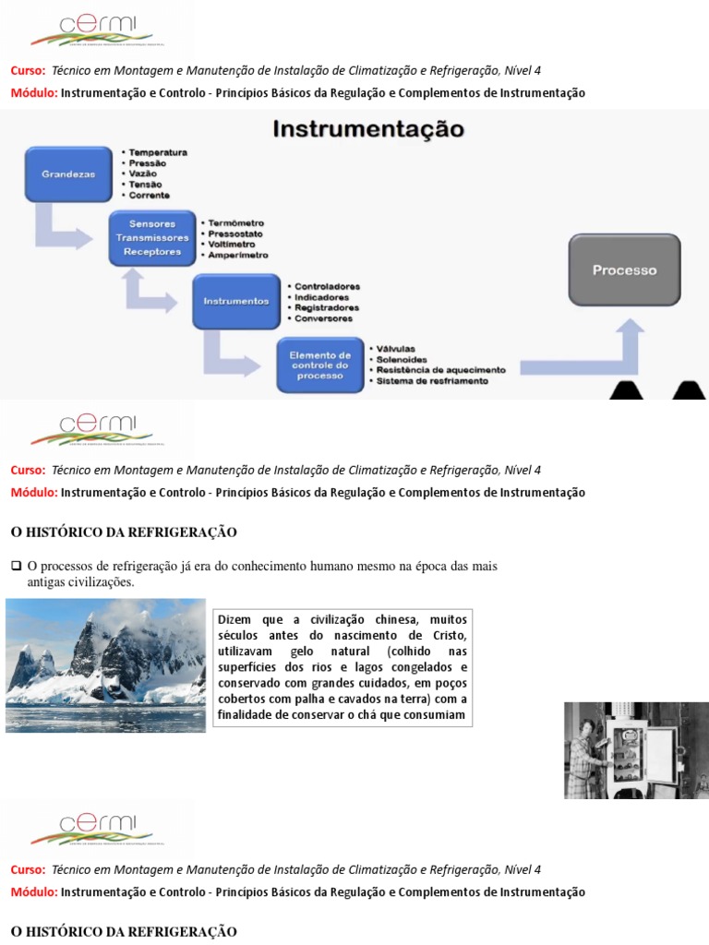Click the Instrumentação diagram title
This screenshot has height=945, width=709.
coord(367,128)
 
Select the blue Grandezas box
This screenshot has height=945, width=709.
coord(68,173)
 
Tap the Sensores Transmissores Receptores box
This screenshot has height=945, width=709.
coord(151,237)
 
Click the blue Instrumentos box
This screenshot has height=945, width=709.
coord(235,301)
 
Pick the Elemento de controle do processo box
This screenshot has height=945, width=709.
coord(320,365)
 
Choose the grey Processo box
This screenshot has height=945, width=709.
coord(624,270)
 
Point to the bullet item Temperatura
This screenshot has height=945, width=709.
coord(158,151)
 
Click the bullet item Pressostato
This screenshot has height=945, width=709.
coord(236,234)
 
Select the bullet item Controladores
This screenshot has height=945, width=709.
coord(327,287)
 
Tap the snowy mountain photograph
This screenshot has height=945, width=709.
coord(105,664)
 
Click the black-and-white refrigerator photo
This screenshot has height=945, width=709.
coord(636,749)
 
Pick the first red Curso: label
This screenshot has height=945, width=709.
coord(28,70)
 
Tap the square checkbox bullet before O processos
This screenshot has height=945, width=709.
coord(16,566)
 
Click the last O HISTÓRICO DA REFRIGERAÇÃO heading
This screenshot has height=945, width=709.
coord(123,932)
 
